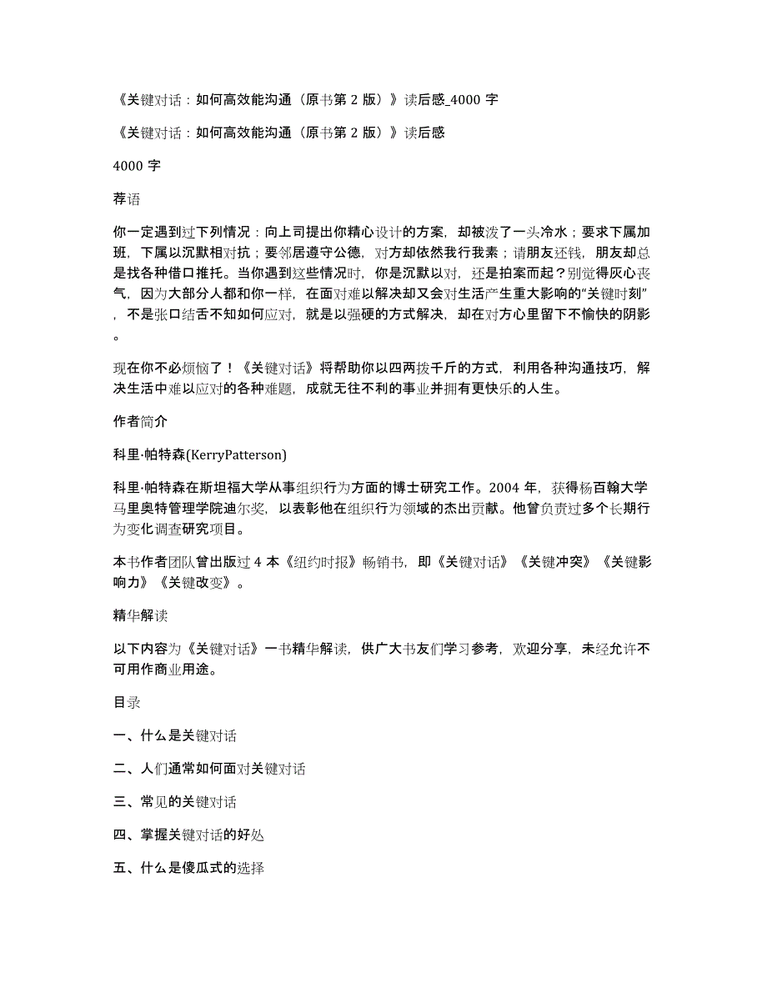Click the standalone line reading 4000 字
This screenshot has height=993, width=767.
[x=137, y=165]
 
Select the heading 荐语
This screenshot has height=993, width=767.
[x=126, y=198]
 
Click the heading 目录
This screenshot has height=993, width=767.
[x=126, y=702]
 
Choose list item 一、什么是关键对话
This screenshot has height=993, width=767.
[x=174, y=735]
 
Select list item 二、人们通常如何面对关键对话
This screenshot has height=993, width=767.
[x=208, y=769]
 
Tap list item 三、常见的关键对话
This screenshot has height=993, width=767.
[x=174, y=802]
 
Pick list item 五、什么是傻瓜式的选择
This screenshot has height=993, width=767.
[x=188, y=868]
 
